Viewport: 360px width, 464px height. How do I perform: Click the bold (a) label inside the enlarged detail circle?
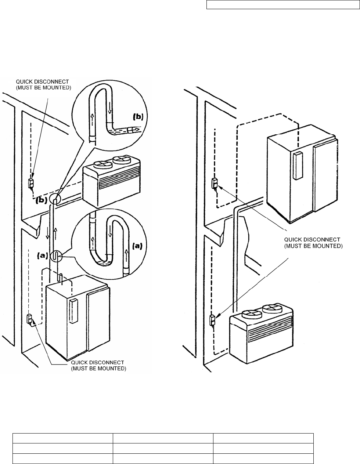point(137,246)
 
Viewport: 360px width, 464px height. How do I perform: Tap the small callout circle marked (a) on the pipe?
point(56,255)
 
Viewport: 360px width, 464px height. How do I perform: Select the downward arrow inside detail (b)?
point(109,108)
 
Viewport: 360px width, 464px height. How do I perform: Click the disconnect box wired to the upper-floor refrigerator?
point(214,183)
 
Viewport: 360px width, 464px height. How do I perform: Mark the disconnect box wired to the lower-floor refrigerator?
point(29,319)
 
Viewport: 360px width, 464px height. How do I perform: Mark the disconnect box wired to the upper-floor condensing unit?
point(31,184)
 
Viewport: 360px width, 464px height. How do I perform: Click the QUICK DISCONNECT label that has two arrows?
point(313,243)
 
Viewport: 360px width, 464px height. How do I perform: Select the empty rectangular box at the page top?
point(283,4)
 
